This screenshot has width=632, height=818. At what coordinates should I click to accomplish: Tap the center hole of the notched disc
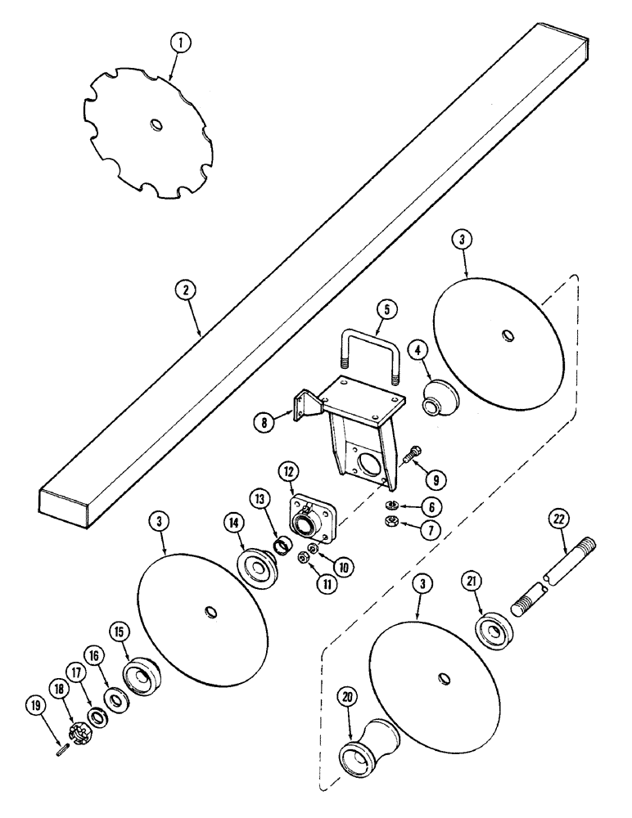tap(156, 124)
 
